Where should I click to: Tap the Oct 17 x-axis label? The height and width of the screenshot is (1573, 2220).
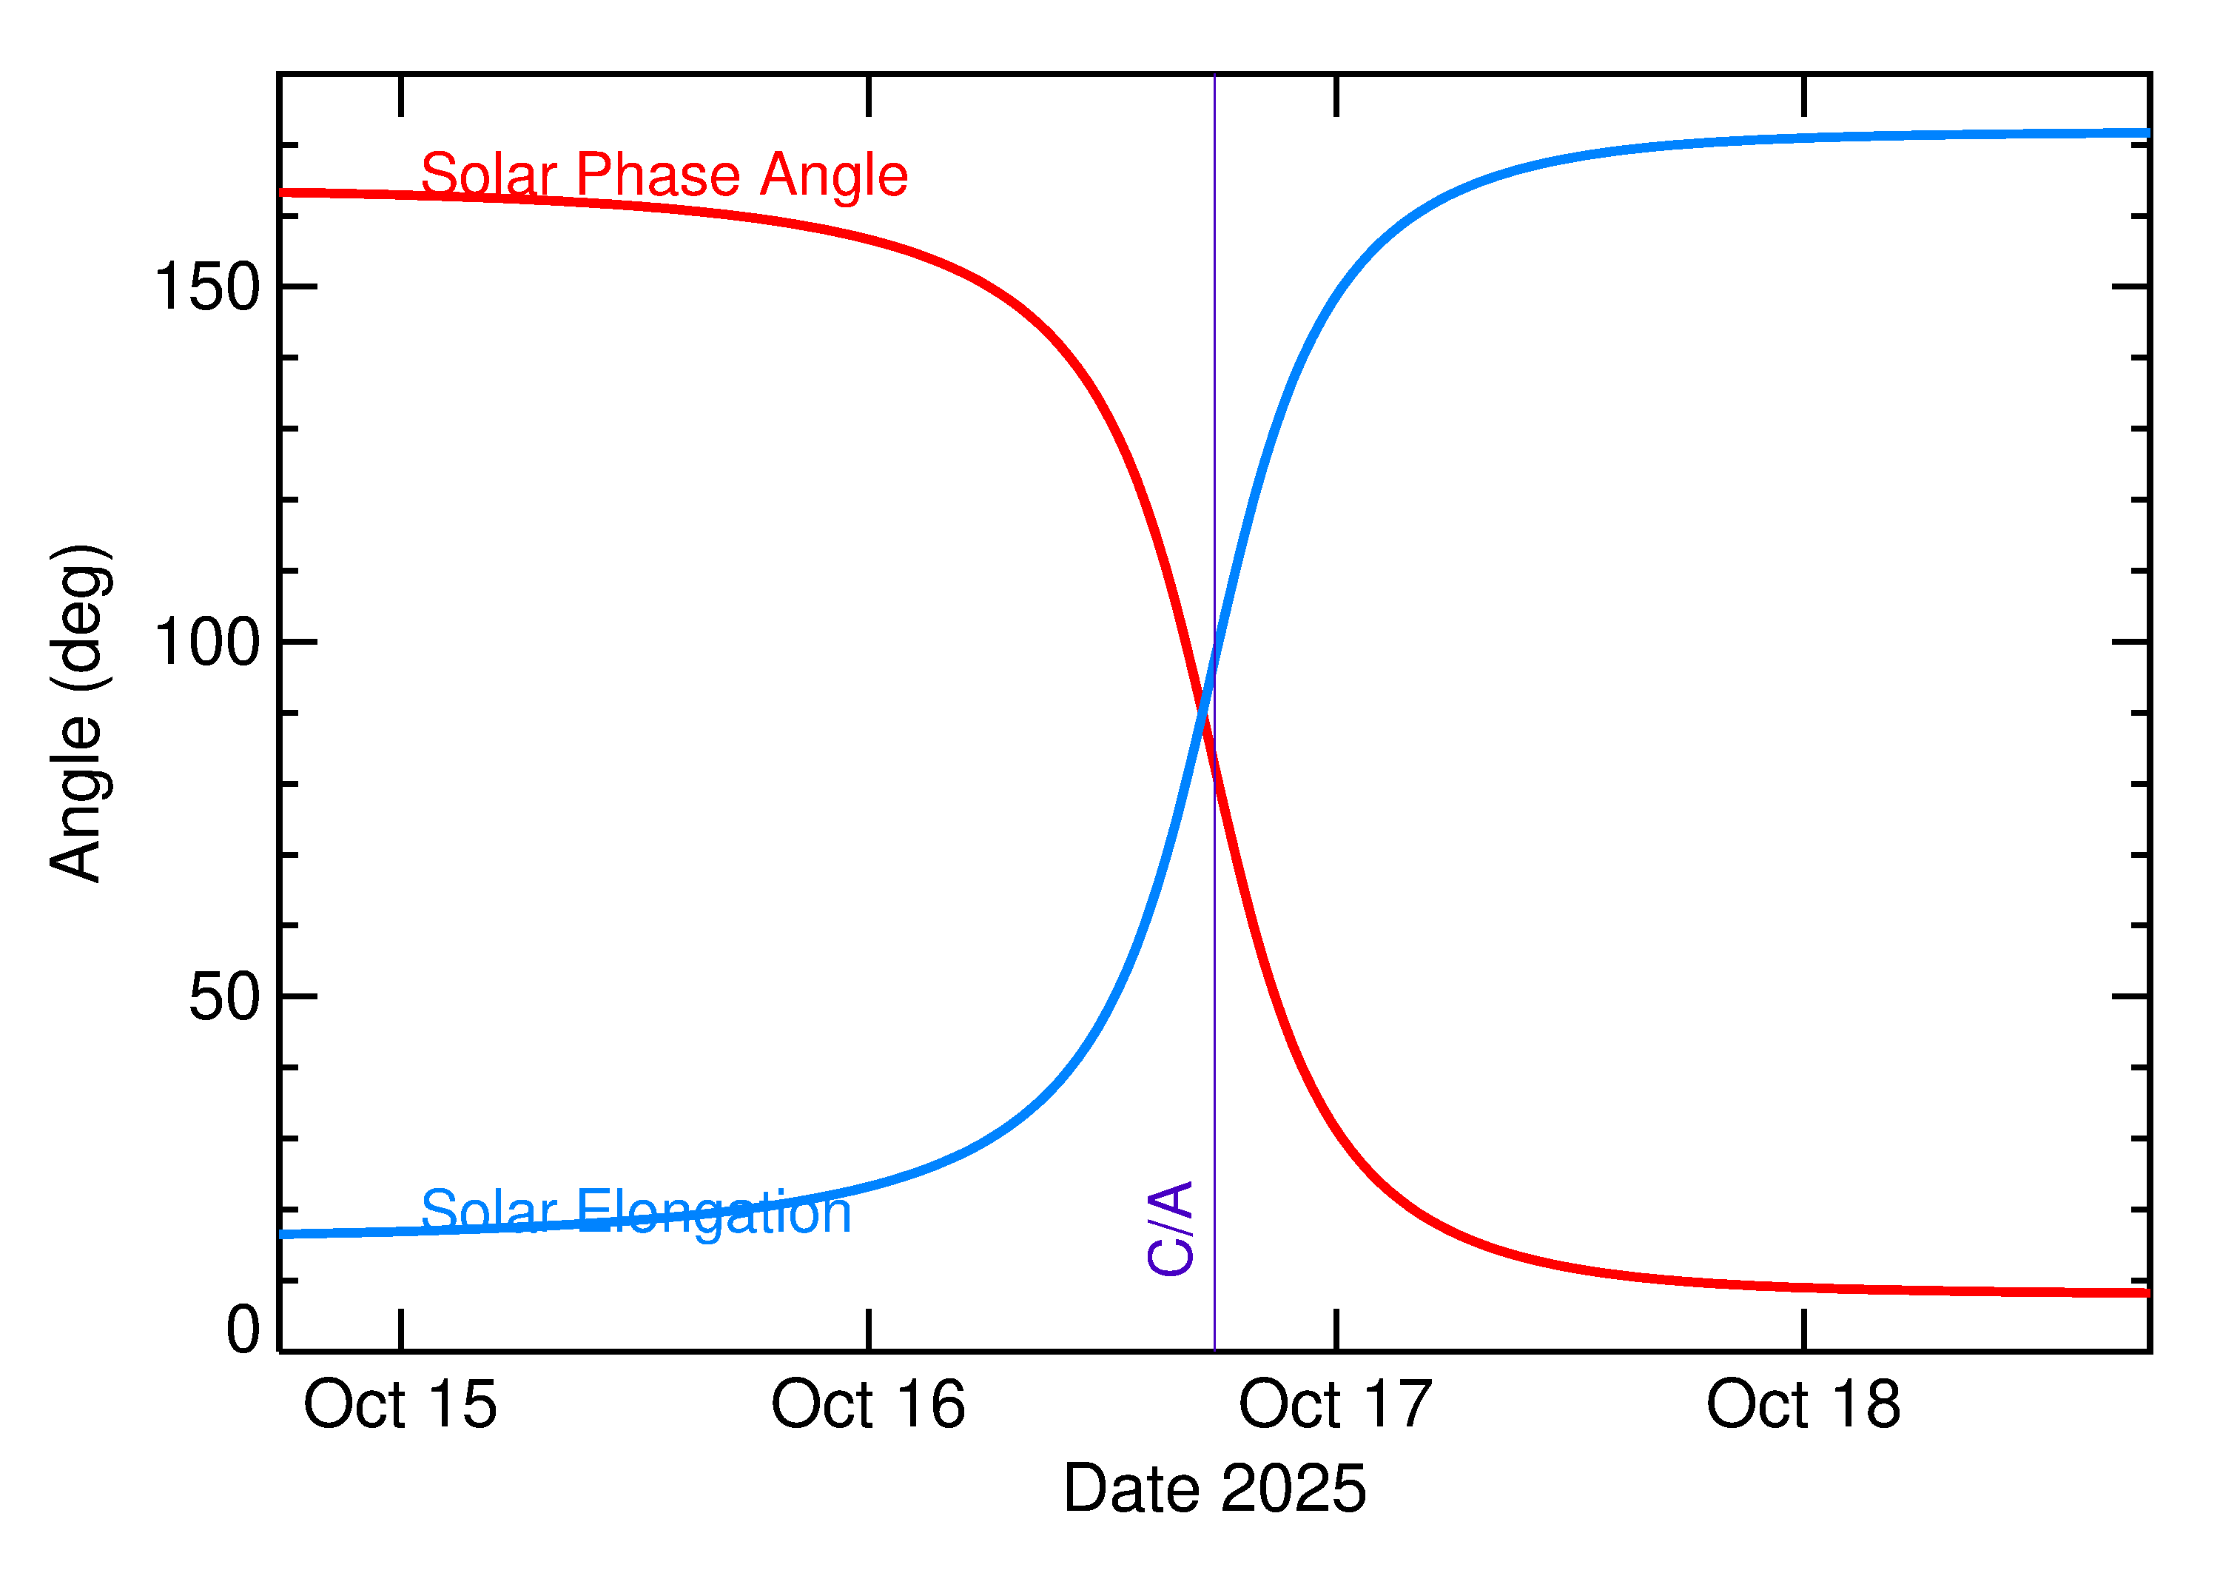(x=1335, y=1406)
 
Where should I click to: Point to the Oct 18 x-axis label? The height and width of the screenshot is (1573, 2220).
(x=1803, y=1406)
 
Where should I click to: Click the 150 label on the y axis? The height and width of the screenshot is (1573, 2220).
(x=207, y=288)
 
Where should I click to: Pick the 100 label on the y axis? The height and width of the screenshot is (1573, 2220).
(x=207, y=643)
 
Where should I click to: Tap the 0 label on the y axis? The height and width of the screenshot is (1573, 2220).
(x=243, y=1330)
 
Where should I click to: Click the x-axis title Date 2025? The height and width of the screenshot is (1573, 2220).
(x=1214, y=1489)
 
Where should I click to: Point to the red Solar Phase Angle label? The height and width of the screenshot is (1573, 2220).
(x=665, y=175)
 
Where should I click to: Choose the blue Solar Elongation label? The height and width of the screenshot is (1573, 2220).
(x=636, y=1212)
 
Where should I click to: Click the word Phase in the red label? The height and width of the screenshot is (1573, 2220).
(x=659, y=175)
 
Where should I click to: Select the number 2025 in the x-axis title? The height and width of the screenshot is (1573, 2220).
(x=1293, y=1489)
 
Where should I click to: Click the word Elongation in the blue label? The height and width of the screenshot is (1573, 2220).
(x=713, y=1213)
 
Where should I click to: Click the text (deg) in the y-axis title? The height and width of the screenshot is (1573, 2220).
(x=81, y=618)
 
